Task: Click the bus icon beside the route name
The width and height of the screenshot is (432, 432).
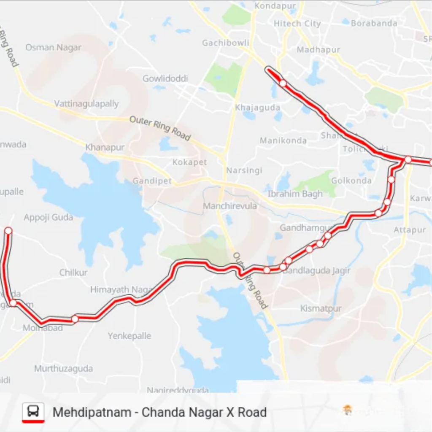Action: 33,411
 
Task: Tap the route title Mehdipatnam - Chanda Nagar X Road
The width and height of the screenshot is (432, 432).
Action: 159,412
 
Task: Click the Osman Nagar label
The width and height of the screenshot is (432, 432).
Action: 53,47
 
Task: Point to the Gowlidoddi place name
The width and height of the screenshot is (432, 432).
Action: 165,78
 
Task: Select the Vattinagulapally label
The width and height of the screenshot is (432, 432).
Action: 86,103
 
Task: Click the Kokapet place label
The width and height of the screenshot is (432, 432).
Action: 189,162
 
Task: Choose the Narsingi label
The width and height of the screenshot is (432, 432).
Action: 244,170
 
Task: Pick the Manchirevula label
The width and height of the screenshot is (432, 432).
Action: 230,206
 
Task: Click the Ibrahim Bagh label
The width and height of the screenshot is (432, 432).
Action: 295,194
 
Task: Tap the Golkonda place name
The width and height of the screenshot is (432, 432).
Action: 351,181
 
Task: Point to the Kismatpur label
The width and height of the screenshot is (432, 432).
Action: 321,308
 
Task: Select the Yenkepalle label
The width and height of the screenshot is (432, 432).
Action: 129,336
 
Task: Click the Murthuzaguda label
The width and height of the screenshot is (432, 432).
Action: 63,368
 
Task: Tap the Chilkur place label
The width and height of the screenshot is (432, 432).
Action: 73,272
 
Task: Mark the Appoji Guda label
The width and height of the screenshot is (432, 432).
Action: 48,217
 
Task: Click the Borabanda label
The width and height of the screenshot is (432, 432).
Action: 374,23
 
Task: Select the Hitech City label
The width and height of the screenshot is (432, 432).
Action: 297,24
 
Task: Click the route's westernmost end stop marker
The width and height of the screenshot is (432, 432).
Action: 8,230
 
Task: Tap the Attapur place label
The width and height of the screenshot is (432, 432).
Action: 410,229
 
